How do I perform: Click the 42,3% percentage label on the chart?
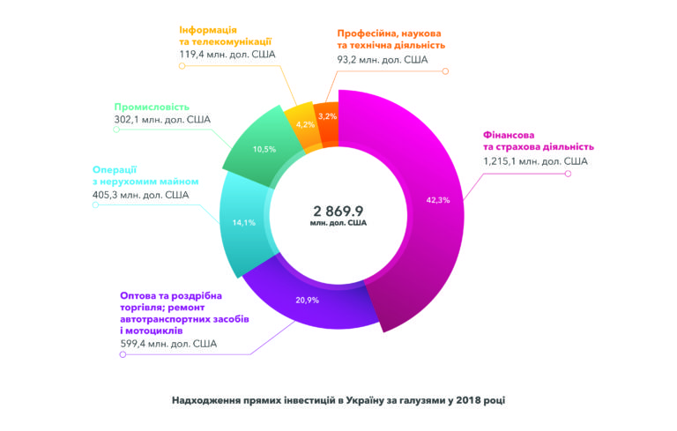(437, 200)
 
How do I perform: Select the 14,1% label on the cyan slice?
(244, 223)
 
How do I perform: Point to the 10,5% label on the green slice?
(264, 149)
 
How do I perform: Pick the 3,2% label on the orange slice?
(327, 116)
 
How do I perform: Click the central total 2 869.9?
(338, 211)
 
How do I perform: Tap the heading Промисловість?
(152, 107)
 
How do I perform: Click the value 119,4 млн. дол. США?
(227, 54)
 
